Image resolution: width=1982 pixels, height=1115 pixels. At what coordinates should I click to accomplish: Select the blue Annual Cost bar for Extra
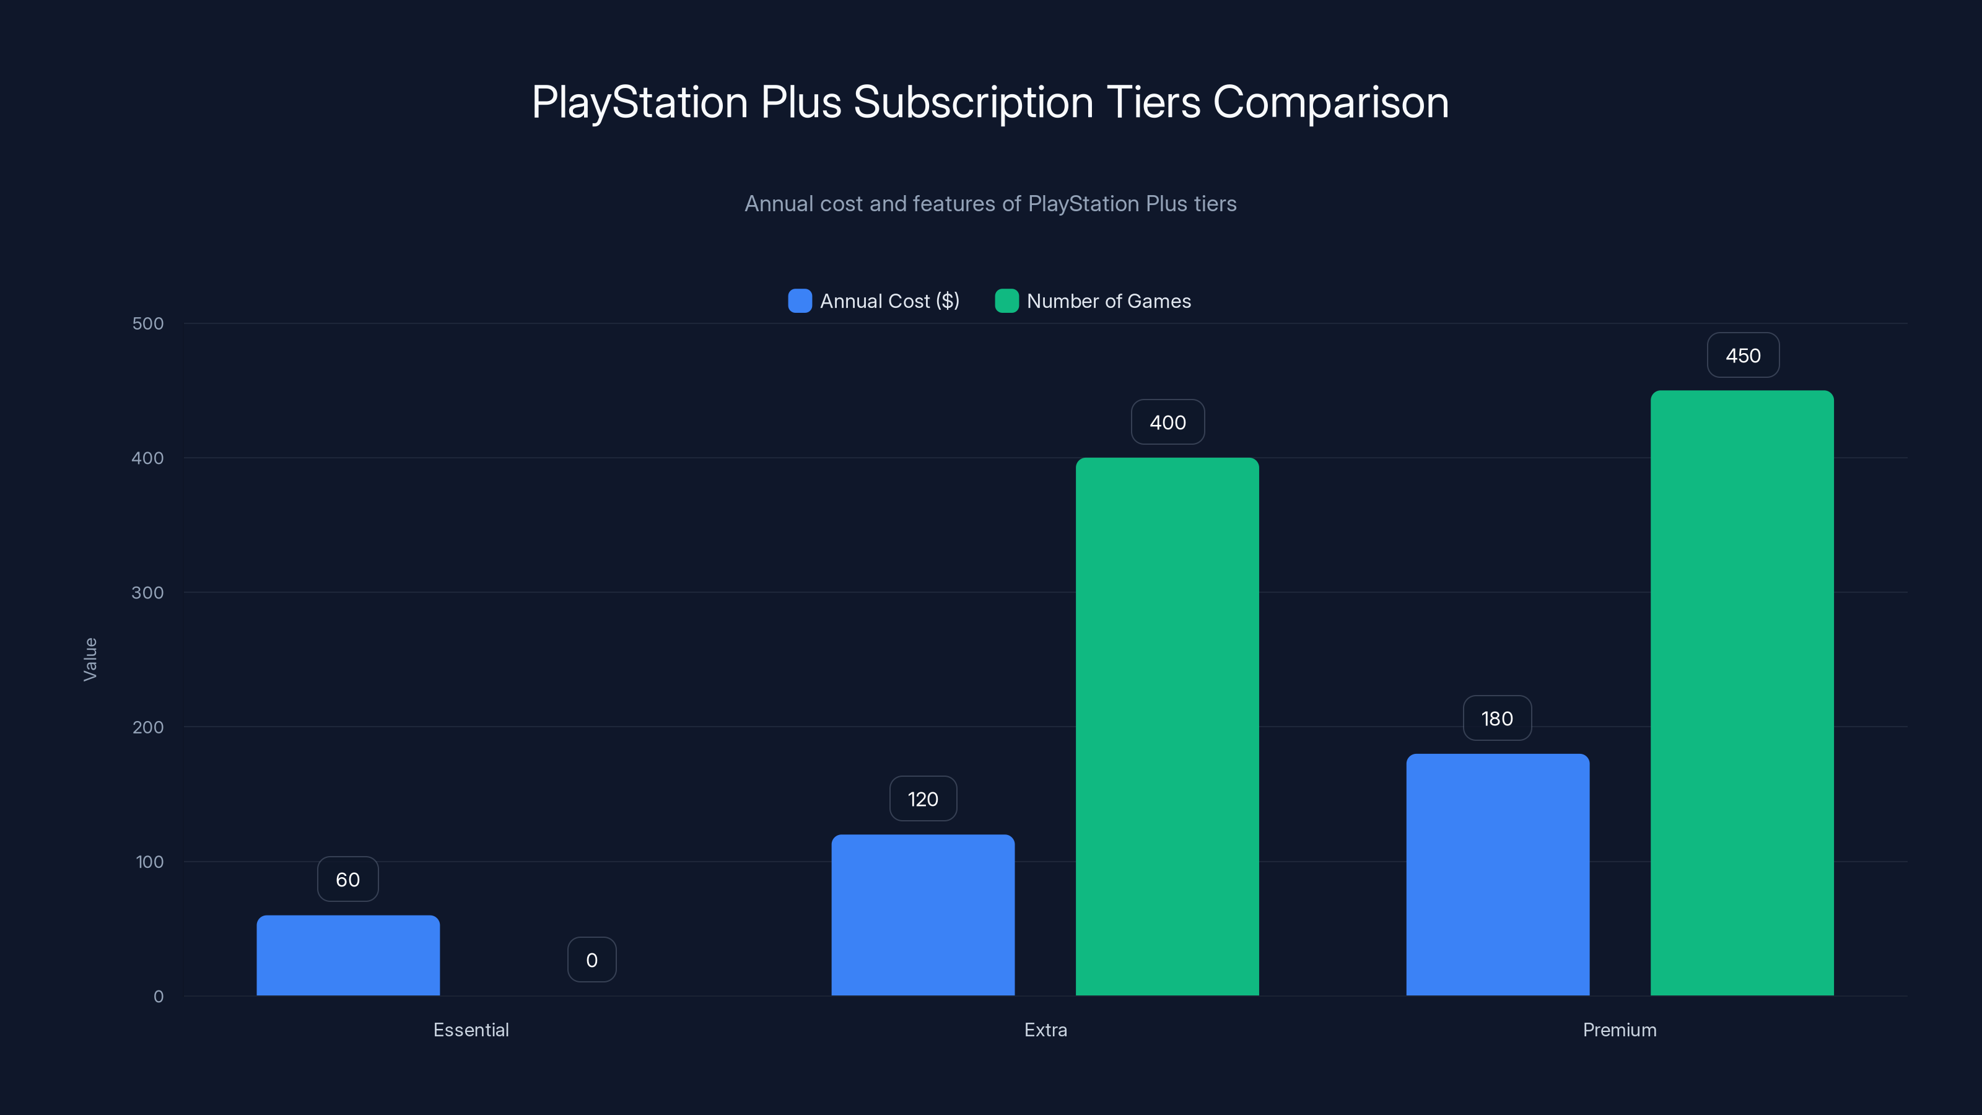point(922,915)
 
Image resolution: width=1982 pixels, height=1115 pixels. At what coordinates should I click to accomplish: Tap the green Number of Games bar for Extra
point(1167,727)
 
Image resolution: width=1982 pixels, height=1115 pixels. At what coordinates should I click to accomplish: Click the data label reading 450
point(1743,356)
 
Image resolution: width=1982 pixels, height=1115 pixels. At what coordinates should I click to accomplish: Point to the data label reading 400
point(1167,422)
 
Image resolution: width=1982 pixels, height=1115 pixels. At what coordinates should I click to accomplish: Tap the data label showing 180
point(1496,719)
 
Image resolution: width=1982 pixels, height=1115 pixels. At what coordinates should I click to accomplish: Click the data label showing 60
point(347,880)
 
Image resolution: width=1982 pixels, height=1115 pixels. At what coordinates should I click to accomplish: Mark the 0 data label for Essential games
point(592,960)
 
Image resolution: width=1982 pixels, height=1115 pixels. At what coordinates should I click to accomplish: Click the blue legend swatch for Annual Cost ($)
point(800,301)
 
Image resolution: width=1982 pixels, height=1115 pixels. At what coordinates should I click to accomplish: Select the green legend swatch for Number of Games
point(1006,301)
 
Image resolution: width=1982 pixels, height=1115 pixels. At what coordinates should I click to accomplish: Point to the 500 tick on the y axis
point(148,324)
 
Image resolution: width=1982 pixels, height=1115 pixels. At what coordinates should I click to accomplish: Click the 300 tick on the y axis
point(148,593)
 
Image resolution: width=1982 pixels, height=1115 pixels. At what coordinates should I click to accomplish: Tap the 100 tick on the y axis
point(149,862)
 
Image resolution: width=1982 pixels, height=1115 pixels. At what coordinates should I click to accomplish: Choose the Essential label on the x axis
point(471,1030)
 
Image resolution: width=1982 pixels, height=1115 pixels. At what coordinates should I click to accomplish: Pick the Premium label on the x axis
point(1620,1030)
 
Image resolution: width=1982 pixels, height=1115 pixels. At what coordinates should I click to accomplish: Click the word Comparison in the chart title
point(1330,102)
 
